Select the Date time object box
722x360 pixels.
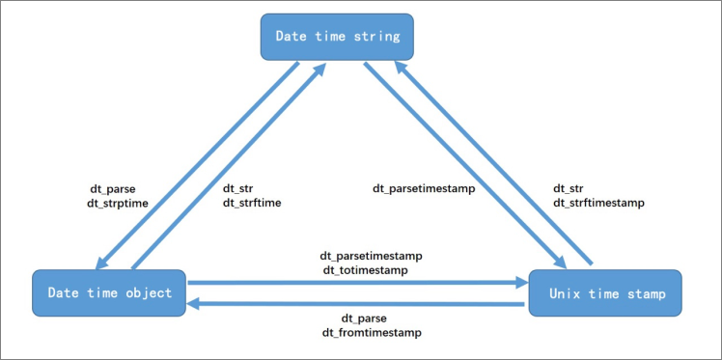coord(109,292)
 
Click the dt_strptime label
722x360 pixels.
coord(117,204)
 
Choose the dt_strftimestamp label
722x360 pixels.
coord(598,204)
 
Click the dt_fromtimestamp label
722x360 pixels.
coord(371,332)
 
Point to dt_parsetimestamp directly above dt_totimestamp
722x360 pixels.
coord(372,257)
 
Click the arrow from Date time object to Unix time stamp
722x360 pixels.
coord(357,284)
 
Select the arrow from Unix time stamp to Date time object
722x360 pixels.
coord(357,303)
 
